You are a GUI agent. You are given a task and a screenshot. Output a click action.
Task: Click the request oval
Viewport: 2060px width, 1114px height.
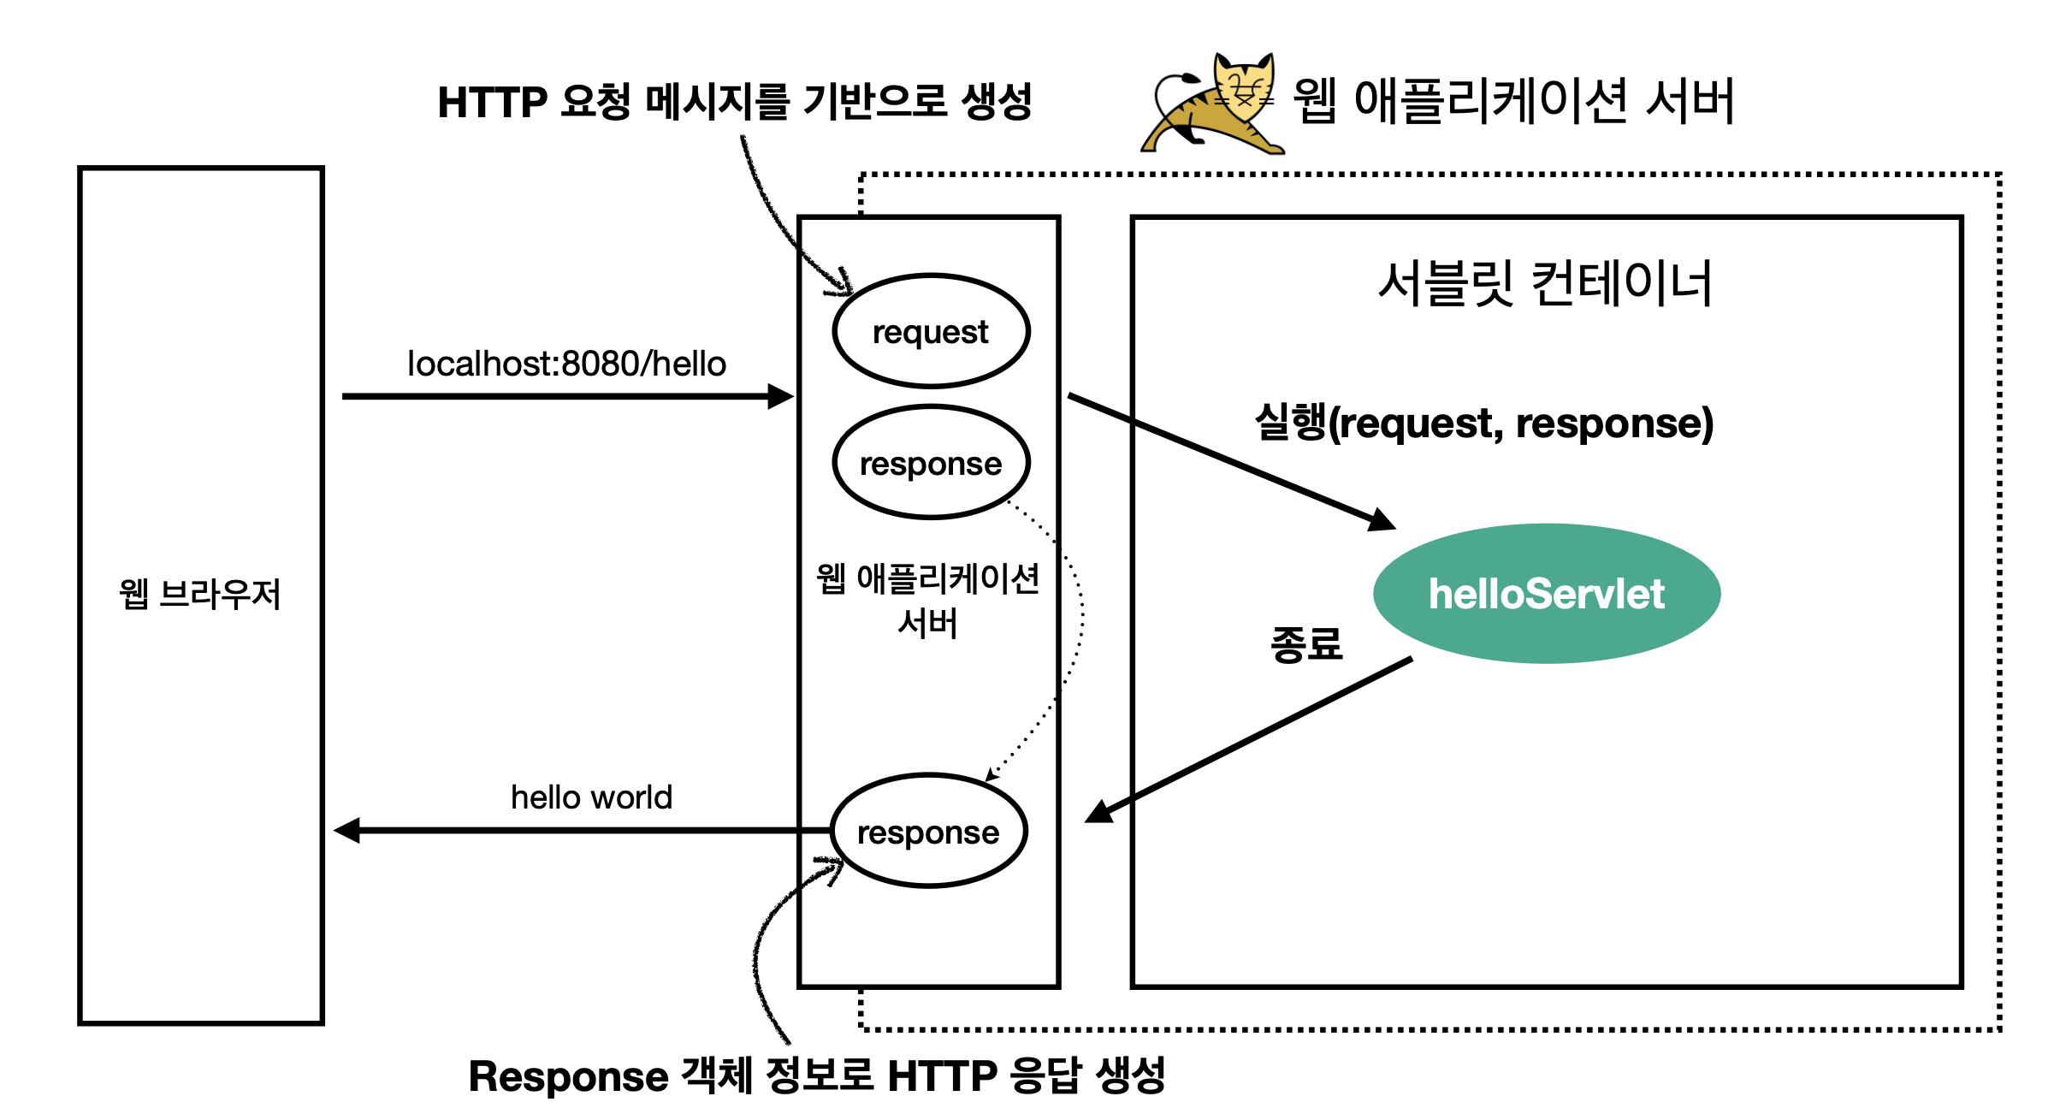coord(931,331)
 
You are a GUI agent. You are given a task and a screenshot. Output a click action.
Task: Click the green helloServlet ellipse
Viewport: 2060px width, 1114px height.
coord(1546,593)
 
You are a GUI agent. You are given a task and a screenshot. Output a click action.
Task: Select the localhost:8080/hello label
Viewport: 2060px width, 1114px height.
coord(566,364)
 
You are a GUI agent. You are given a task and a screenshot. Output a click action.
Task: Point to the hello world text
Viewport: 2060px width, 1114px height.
coord(591,797)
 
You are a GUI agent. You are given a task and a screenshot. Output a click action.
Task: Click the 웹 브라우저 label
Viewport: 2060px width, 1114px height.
coord(200,594)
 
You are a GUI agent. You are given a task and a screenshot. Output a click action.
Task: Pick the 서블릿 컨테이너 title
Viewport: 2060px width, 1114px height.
coord(1545,283)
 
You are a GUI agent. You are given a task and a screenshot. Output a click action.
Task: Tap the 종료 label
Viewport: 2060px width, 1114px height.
coord(1306,643)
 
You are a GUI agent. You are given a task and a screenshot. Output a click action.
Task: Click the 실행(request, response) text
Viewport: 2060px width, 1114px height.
coord(1484,423)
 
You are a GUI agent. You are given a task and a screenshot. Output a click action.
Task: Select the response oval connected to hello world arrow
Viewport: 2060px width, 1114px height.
coord(928,831)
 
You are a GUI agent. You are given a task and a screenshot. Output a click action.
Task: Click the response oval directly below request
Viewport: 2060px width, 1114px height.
coord(931,463)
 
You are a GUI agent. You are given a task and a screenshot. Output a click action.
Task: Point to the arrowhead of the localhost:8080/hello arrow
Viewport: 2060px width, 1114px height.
coord(782,396)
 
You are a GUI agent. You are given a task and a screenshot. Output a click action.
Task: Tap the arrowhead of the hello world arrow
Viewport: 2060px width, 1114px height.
coord(347,830)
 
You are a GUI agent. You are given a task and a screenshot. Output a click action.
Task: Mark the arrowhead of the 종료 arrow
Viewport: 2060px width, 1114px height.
coord(1098,812)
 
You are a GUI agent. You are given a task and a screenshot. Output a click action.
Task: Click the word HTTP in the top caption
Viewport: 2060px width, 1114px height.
coord(492,103)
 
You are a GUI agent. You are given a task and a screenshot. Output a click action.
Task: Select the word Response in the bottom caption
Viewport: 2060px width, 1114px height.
coord(568,1076)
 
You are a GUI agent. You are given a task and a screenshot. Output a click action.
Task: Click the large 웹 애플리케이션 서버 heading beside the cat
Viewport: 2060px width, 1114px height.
coord(1513,102)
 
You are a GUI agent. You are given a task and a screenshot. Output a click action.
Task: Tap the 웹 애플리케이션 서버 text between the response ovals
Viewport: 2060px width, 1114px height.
coord(928,600)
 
